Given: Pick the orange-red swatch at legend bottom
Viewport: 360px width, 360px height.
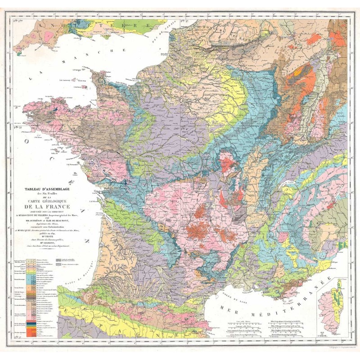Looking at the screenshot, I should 29,332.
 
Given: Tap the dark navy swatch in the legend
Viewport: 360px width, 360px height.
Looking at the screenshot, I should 29,322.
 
